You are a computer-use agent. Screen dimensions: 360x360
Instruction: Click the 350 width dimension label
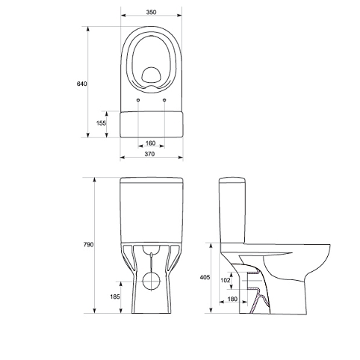[151, 12]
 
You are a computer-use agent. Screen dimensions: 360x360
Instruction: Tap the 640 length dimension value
[81, 84]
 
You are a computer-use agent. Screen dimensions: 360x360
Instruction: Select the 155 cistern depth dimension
[101, 123]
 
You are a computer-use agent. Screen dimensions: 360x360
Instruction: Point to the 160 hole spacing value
[150, 143]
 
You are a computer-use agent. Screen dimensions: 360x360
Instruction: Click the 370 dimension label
[149, 154]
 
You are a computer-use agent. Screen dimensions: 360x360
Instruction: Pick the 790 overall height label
[88, 245]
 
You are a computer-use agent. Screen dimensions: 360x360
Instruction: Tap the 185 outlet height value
[115, 297]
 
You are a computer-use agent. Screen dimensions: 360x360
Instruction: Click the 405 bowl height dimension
[205, 277]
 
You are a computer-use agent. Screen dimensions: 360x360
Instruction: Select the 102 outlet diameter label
[226, 280]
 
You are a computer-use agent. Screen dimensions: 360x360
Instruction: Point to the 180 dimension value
[232, 299]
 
